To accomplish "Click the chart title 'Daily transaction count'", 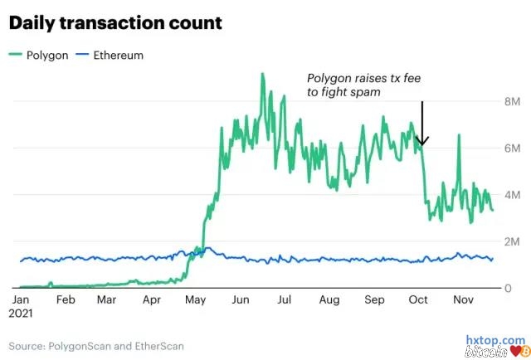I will [x=115, y=22].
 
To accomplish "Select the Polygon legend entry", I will [x=41, y=55].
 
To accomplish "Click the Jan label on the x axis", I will [x=21, y=300].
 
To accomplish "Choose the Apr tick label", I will [x=153, y=300].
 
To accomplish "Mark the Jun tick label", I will [x=240, y=300].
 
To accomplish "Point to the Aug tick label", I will [x=329, y=300].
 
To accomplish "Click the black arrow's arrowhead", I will [x=422, y=141].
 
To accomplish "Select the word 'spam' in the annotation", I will [x=365, y=93].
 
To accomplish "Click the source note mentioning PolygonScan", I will [x=97, y=345].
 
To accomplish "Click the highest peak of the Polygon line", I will [x=262, y=74].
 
